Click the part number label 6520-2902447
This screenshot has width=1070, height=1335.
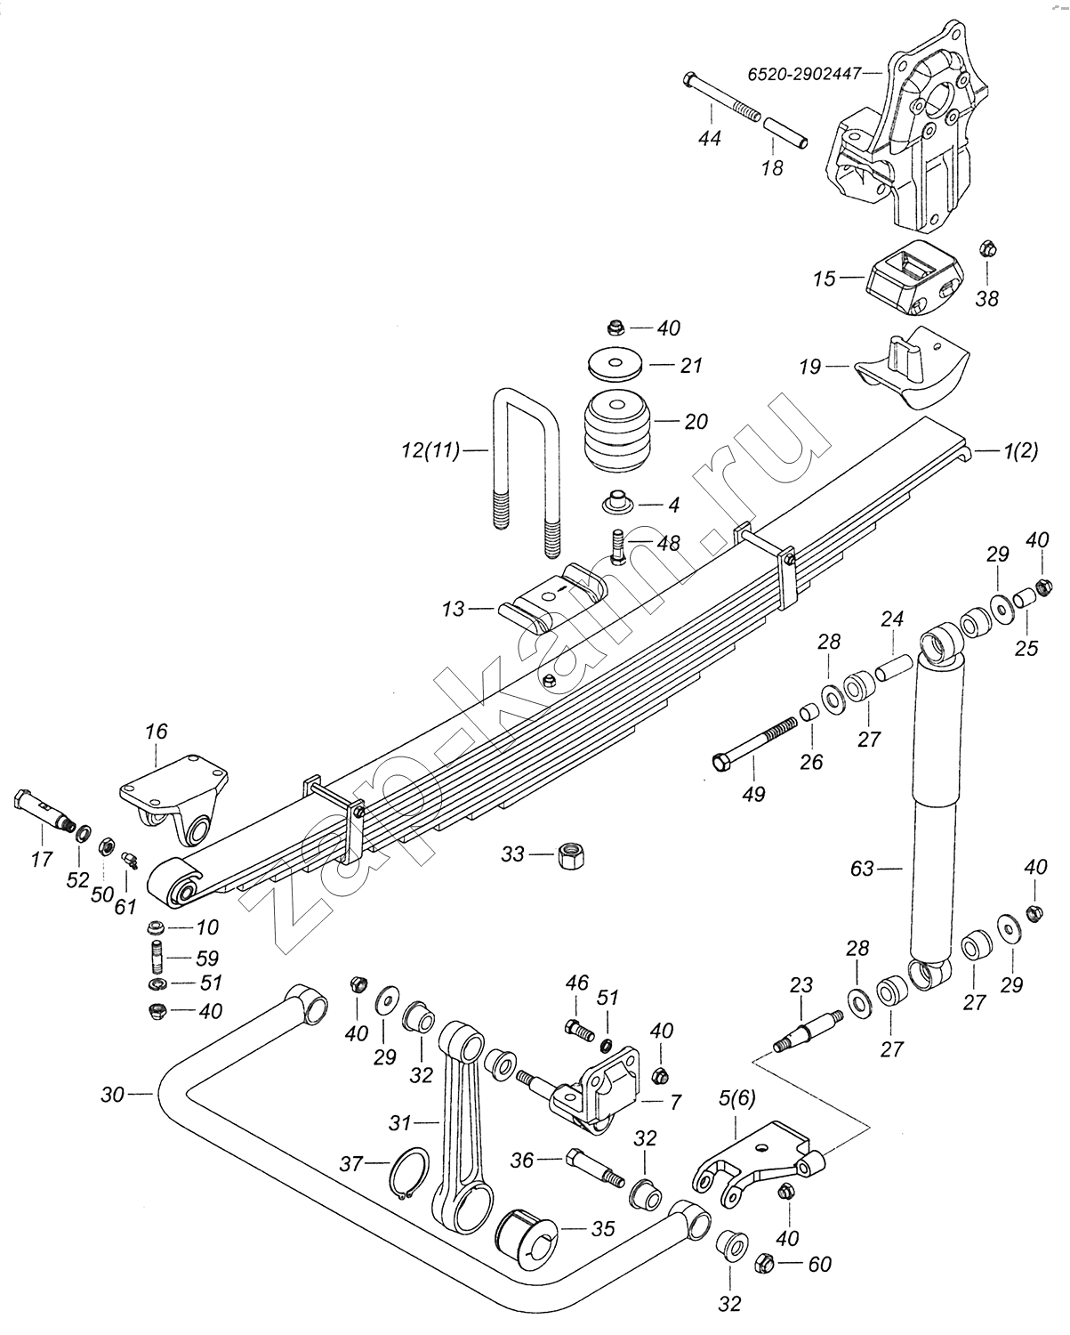click(x=805, y=75)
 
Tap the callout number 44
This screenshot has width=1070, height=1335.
click(x=709, y=138)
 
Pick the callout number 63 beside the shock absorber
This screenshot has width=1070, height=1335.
click(x=863, y=869)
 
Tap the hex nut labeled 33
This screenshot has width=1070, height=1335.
click(x=572, y=856)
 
